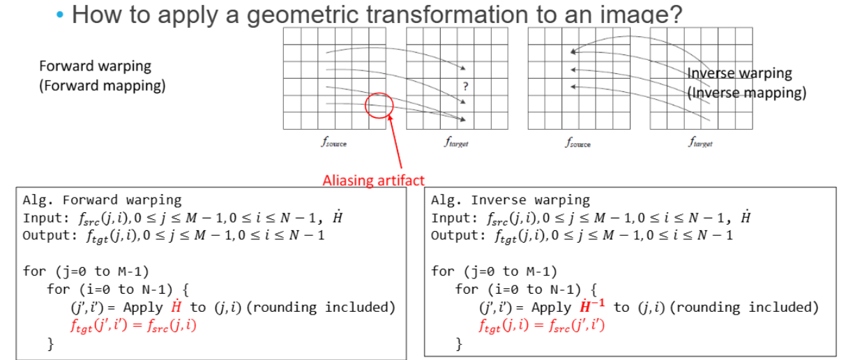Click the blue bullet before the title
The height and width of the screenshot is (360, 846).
tap(60, 15)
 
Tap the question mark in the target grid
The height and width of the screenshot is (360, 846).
tap(465, 87)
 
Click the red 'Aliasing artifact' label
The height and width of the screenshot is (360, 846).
tap(374, 181)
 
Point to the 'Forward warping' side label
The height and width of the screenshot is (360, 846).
tap(95, 66)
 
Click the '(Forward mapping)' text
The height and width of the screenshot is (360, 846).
tap(103, 86)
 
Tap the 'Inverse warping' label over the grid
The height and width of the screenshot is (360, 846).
tap(739, 73)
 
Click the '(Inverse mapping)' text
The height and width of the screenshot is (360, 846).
tap(747, 93)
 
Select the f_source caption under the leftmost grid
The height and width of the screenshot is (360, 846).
tap(334, 142)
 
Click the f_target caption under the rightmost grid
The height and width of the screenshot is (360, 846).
tap(700, 142)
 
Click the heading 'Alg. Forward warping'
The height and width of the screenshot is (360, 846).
tap(102, 200)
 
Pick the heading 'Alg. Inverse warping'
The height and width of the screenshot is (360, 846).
tap(511, 200)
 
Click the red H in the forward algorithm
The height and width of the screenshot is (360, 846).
tap(176, 306)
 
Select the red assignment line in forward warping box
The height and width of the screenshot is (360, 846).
tap(133, 325)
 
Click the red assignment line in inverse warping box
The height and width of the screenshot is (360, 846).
tap(542, 325)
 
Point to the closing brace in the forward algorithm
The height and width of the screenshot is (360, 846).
tap(51, 344)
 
